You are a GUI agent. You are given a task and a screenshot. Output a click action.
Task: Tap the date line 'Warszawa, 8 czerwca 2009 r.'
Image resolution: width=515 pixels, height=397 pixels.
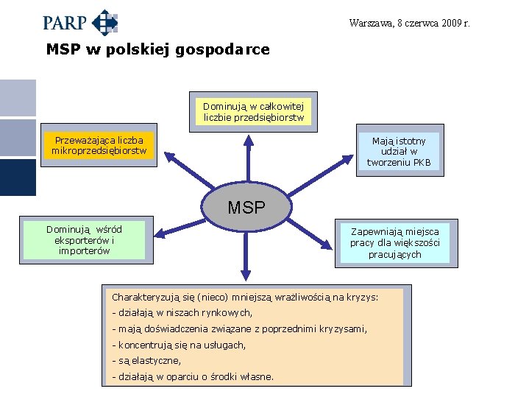point(410,23)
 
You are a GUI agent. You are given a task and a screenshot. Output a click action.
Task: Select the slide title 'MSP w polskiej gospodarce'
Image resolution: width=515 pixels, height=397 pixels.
point(157,50)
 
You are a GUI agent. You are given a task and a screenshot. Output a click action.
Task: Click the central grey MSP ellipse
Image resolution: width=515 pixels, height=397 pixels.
point(246,207)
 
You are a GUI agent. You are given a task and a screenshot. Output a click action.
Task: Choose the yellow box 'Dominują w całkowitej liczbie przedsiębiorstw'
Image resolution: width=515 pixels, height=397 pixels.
point(253,112)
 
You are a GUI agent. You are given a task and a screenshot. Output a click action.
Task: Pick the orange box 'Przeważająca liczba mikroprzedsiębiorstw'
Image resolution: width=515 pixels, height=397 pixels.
point(99,146)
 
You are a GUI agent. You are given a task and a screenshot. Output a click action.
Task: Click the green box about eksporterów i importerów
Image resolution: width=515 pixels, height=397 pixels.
point(84,240)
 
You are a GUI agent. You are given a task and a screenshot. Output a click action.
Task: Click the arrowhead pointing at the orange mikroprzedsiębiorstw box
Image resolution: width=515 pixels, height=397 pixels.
point(166,157)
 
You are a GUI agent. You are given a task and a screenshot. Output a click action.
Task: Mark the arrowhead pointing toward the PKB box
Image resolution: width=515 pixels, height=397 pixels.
point(350,157)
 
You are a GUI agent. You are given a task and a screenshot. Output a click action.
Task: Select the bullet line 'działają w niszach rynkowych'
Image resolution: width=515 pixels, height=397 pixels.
point(182,313)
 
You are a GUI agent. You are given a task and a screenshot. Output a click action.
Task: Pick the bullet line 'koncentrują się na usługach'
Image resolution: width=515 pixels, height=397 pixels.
point(178,345)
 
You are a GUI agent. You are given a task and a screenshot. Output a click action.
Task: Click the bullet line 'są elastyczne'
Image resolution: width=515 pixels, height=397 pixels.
point(146,361)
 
